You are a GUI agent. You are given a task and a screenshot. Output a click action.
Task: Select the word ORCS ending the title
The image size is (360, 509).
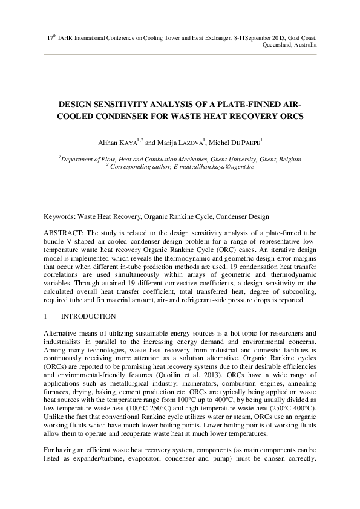287,115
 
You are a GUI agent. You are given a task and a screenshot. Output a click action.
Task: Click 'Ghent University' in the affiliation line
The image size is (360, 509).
230,159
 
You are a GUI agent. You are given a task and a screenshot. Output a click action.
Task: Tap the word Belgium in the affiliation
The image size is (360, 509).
288,159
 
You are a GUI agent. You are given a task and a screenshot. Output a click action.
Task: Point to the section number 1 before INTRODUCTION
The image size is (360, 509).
47,316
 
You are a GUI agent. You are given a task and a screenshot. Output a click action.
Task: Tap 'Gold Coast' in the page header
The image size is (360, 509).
299,37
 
